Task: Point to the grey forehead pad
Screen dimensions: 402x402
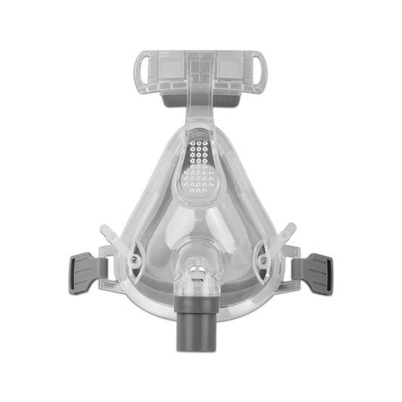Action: tap(201, 96)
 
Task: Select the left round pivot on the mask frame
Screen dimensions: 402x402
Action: tap(136, 259)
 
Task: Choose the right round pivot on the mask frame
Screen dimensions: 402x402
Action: tap(264, 258)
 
